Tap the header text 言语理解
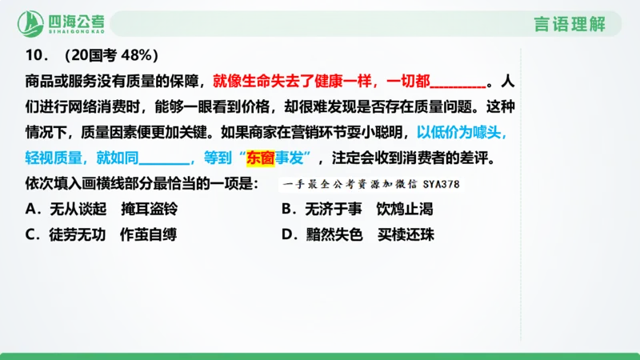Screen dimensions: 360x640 pos(569,23)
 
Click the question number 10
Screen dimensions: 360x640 pos(33,56)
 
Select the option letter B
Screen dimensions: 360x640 pos(286,210)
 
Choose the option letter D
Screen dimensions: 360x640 pos(286,235)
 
